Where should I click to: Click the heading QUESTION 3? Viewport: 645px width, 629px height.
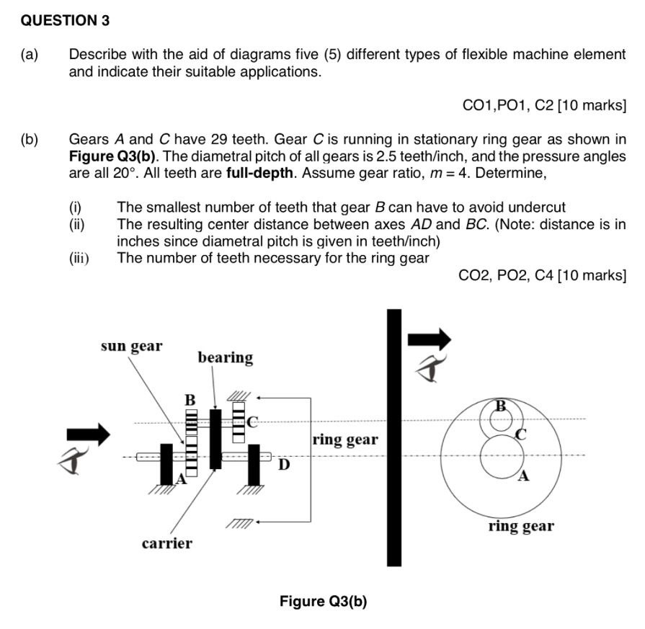pyautogui.click(x=65, y=20)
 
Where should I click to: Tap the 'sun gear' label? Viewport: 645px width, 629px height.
pyautogui.click(x=131, y=346)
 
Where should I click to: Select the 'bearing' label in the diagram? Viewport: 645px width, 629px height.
pyautogui.click(x=225, y=358)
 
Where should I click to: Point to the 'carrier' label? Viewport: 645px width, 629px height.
pyautogui.click(x=166, y=543)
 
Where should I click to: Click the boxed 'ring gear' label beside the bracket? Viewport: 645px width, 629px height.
pyautogui.click(x=345, y=440)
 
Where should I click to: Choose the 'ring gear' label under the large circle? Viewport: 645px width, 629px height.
pyautogui.click(x=520, y=526)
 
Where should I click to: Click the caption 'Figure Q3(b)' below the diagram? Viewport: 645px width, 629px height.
pyautogui.click(x=323, y=602)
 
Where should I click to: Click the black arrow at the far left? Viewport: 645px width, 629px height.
pyautogui.click(x=87, y=434)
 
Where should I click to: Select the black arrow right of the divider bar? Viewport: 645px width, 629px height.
pyautogui.click(x=430, y=339)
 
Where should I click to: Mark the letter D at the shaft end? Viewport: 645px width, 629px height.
pyautogui.click(x=285, y=464)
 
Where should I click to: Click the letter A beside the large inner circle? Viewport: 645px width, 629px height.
pyautogui.click(x=524, y=476)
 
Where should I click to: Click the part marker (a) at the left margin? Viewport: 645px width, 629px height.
pyautogui.click(x=30, y=55)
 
